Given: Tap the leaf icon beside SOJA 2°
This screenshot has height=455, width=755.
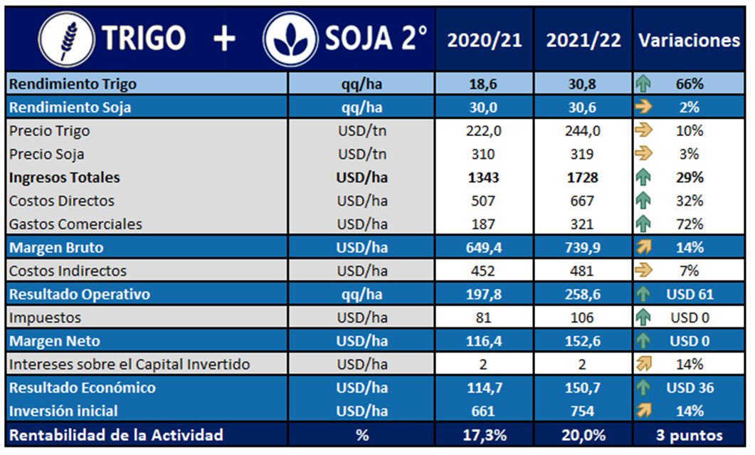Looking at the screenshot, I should point(290,39).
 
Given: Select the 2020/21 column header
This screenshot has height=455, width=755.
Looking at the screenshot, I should point(484,41).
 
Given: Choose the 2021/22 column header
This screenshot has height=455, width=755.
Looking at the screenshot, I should point(584,41).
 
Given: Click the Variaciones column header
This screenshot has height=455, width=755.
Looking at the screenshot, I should point(689,41).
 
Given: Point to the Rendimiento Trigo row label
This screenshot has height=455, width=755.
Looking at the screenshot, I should point(73,84).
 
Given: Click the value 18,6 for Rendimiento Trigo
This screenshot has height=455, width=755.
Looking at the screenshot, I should point(484,84).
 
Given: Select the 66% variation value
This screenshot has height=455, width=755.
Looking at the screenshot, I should point(690,84).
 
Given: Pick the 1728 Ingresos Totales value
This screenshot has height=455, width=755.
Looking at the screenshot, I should point(584,177).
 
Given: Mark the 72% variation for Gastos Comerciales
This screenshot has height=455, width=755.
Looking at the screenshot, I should point(690,224).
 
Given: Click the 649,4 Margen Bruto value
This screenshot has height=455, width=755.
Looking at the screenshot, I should point(484,248).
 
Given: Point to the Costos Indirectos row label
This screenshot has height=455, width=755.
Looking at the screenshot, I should point(68,271).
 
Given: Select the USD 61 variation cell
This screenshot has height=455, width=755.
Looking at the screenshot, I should point(690,294).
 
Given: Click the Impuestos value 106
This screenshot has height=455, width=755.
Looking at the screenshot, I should point(584,318).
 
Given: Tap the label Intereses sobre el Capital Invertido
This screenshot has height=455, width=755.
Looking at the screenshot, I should point(130,365).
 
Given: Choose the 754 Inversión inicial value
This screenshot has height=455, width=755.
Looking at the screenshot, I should point(584,411).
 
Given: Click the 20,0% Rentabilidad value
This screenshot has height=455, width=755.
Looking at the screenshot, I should point(584,435).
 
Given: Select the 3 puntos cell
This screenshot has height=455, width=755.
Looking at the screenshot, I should point(689,435).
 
